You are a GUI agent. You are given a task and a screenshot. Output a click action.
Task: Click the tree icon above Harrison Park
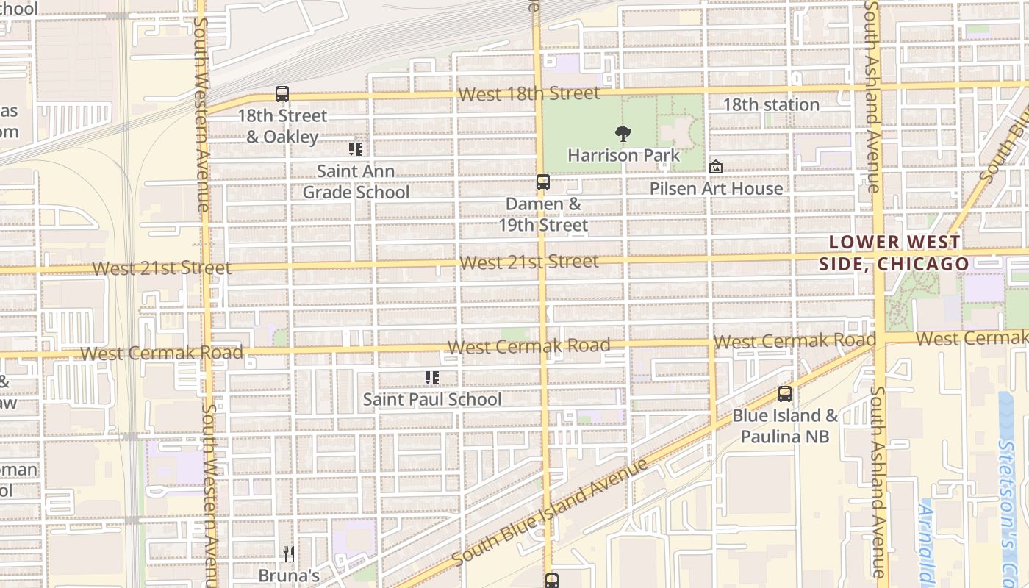click(x=623, y=134)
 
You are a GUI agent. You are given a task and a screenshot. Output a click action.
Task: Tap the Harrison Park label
click(x=624, y=156)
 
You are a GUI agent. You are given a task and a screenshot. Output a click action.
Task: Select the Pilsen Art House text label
click(x=716, y=188)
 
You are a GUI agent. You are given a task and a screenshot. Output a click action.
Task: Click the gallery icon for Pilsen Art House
click(x=716, y=168)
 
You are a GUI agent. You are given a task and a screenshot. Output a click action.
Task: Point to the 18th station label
click(x=771, y=104)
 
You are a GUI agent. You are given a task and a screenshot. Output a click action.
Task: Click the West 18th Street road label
click(x=528, y=94)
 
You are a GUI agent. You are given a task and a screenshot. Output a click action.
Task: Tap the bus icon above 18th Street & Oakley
click(x=282, y=94)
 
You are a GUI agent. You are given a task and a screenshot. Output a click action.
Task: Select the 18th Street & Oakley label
click(x=282, y=126)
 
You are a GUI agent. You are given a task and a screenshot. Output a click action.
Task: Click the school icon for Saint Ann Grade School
click(x=356, y=149)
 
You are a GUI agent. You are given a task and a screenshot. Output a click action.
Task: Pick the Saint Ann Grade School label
click(x=356, y=182)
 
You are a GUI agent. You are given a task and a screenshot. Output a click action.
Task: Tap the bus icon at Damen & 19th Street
click(x=543, y=182)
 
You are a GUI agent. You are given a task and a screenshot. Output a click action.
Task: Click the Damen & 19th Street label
click(x=543, y=215)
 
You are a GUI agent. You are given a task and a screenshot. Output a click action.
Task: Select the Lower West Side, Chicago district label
click(x=894, y=253)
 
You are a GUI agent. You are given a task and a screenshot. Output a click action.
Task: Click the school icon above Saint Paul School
click(x=432, y=378)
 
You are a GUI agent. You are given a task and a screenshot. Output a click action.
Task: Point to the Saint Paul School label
click(x=432, y=399)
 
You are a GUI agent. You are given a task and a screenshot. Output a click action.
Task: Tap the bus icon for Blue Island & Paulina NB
click(x=785, y=394)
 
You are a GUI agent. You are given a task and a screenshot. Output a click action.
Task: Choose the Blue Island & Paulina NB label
click(x=785, y=426)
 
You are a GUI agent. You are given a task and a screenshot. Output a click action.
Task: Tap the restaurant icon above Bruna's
click(x=289, y=553)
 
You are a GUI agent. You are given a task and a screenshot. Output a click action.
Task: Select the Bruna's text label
click(x=289, y=575)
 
